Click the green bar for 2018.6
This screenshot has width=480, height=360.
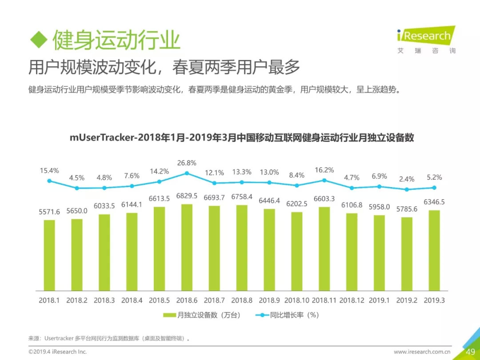coord(187,247)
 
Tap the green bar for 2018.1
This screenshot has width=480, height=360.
coord(49,255)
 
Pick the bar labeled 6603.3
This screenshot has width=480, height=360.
coord(324,248)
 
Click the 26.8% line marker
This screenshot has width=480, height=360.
coord(187,173)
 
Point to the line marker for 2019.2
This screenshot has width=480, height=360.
coord(407,189)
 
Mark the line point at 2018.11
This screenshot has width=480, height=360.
coord(324,180)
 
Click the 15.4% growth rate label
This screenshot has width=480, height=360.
coord(49,171)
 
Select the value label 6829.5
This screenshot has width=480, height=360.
coord(187,196)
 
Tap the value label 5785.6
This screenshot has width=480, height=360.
coord(407,209)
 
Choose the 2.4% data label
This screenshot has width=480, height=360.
coord(407,179)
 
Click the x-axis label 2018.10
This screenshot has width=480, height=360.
coord(296,300)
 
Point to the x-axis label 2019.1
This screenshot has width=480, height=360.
coord(379,300)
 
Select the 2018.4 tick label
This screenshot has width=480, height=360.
coord(132,300)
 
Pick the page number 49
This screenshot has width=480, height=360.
coord(471,352)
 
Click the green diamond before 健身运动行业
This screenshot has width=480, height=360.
coord(38,40)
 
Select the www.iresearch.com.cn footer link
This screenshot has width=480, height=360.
coord(423,352)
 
